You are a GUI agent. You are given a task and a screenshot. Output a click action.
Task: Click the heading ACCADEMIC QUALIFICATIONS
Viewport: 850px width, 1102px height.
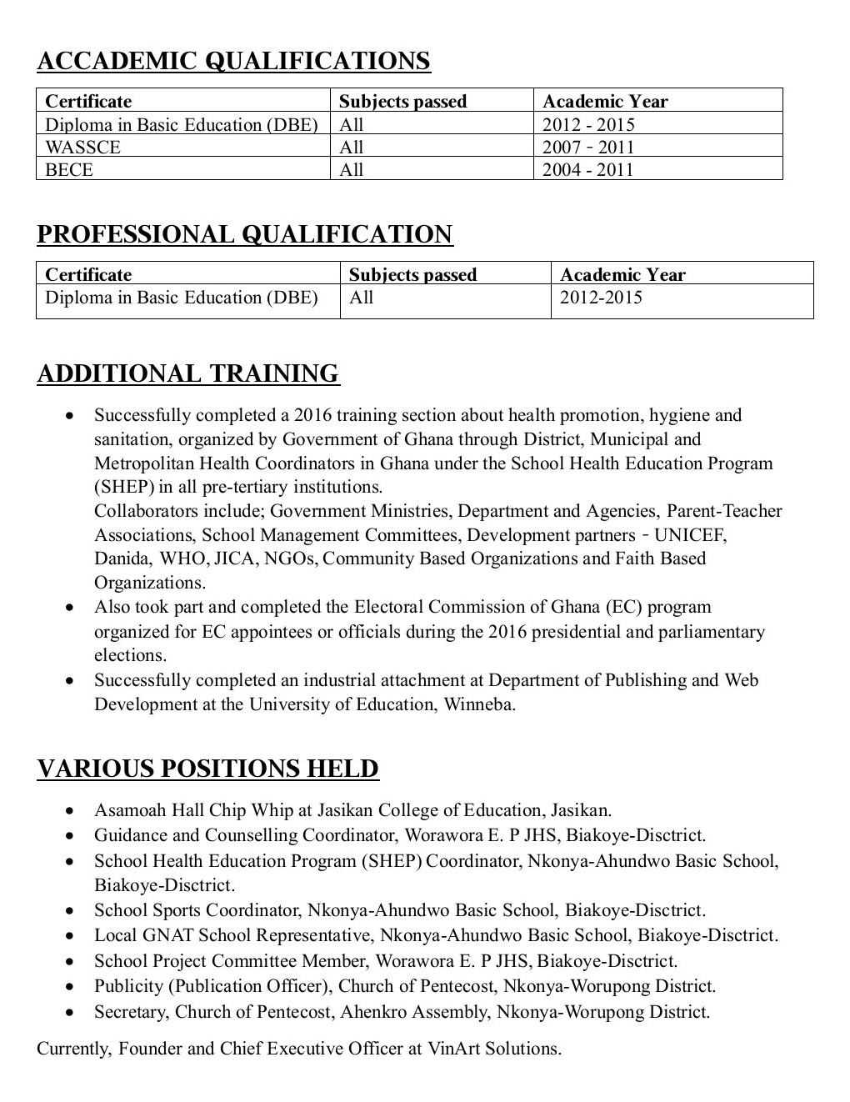point(233,61)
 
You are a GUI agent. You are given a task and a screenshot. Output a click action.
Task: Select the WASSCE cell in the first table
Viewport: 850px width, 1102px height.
point(82,148)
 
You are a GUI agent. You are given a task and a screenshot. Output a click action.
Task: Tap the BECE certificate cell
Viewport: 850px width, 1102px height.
point(69,170)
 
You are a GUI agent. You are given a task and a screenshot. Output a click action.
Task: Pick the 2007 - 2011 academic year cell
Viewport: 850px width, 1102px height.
point(587,148)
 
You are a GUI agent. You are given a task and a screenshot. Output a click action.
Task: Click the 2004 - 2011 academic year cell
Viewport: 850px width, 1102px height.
point(587,170)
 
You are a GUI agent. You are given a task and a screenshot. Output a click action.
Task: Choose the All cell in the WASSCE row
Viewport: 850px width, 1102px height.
point(352,148)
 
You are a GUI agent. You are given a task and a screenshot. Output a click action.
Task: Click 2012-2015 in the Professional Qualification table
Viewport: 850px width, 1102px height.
point(601,298)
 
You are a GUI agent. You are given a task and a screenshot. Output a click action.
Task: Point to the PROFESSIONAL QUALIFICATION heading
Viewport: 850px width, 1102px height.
point(245,234)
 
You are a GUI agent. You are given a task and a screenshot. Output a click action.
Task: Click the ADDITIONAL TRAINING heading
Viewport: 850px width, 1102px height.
point(188,373)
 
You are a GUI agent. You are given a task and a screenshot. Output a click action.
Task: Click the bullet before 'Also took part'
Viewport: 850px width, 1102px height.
point(72,608)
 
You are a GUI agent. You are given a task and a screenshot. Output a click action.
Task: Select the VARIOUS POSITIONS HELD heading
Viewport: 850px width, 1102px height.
point(207,769)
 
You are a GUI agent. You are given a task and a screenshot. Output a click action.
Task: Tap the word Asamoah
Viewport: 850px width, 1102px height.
point(128,810)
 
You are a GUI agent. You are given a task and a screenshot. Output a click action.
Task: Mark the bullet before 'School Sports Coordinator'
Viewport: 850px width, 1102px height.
point(72,911)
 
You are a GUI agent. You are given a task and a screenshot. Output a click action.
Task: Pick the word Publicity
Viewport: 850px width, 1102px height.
point(128,986)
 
